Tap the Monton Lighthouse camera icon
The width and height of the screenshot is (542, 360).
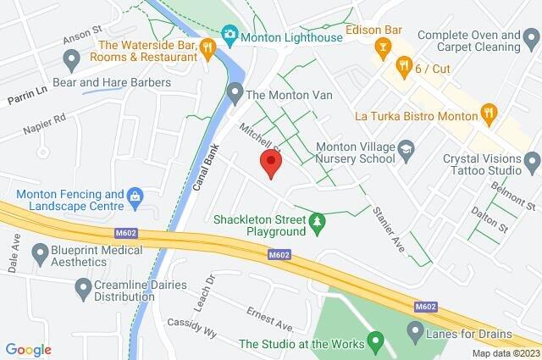(228, 36)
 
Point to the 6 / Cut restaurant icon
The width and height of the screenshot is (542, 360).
(405, 64)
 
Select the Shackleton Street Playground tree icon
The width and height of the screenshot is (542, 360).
(318, 224)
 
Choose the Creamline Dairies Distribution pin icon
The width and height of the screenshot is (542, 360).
(83, 290)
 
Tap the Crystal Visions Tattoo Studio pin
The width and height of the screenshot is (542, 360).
(532, 159)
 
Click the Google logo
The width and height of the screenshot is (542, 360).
(28, 350)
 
